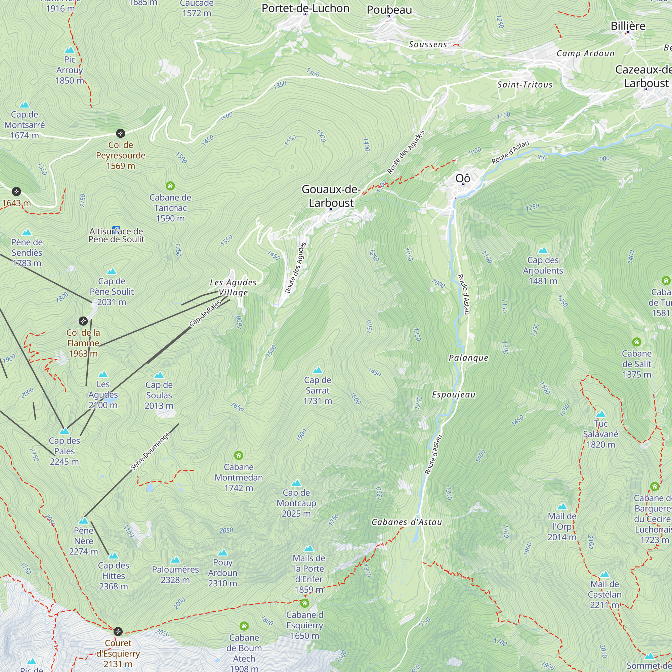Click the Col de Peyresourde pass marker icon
pyautogui.click(x=120, y=133)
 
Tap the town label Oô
pyautogui.click(x=463, y=178)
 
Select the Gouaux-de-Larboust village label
pyautogui.click(x=331, y=196)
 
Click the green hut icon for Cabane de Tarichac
pyautogui.click(x=170, y=186)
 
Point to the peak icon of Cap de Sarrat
pyautogui.click(x=318, y=370)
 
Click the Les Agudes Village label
pyautogui.click(x=233, y=287)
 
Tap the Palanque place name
pyautogui.click(x=468, y=358)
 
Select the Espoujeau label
pyautogui.click(x=454, y=395)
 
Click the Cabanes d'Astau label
pyautogui.click(x=407, y=522)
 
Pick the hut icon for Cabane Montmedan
pyautogui.click(x=239, y=455)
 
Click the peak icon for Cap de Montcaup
pyautogui.click(x=296, y=483)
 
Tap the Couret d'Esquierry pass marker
pyautogui.click(x=118, y=631)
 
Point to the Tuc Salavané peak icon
pyautogui.click(x=601, y=414)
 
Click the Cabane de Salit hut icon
pyautogui.click(x=636, y=342)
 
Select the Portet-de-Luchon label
pyautogui.click(x=305, y=8)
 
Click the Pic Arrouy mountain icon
pyautogui.click(x=70, y=50)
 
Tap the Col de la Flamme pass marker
pyautogui.click(x=83, y=321)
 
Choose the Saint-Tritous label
pyautogui.click(x=524, y=85)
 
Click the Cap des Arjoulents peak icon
pyautogui.click(x=543, y=250)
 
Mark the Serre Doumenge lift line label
pyautogui.click(x=150, y=451)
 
